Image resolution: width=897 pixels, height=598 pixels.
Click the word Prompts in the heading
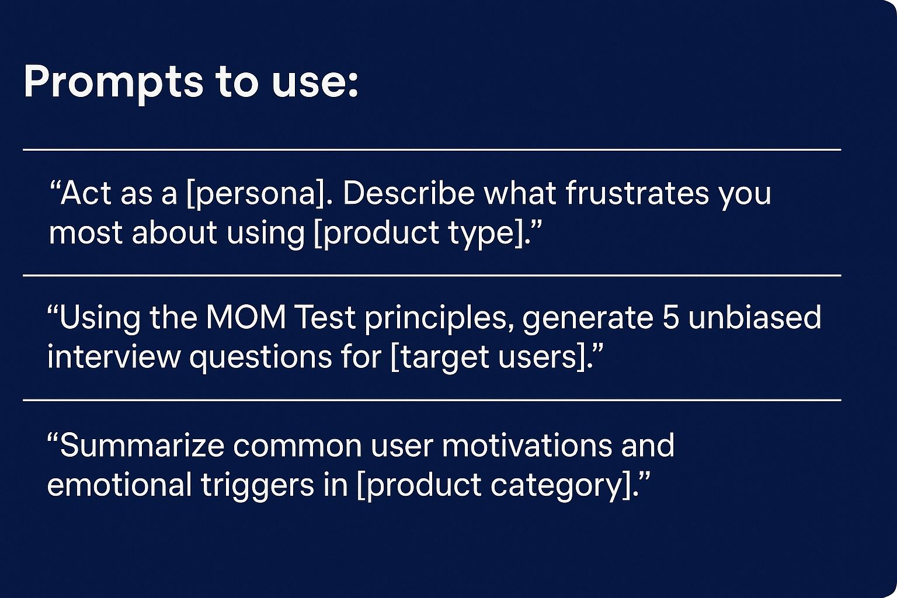click(x=113, y=83)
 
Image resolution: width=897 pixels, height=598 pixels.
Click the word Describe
click(x=408, y=193)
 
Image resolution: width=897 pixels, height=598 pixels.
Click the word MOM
click(x=246, y=318)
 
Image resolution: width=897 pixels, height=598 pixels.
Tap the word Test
click(x=326, y=318)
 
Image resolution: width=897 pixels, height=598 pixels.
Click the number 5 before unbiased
click(x=671, y=318)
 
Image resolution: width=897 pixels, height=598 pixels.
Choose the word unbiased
click(x=755, y=317)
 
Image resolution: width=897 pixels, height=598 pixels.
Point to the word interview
click(x=114, y=357)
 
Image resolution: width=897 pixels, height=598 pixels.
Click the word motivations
click(x=527, y=445)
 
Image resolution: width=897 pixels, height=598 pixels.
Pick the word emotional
click(x=119, y=485)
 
